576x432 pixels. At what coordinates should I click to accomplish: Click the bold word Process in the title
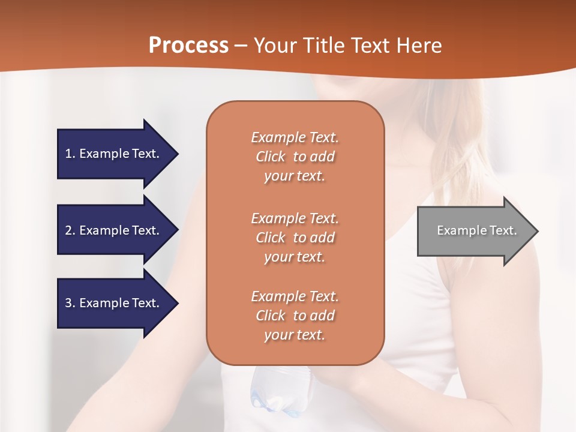(188, 45)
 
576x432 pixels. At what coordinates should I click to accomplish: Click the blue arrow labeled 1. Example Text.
(118, 154)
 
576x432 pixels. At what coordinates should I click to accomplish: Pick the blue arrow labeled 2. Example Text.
(118, 230)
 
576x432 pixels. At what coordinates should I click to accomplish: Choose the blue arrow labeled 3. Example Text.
(118, 304)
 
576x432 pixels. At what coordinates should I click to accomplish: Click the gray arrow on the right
(478, 231)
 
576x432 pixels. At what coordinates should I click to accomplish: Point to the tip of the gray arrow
(538, 231)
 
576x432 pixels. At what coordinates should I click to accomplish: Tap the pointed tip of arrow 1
(178, 154)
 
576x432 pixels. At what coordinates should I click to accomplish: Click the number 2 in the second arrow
(68, 230)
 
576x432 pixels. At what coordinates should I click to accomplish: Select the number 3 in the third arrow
(68, 302)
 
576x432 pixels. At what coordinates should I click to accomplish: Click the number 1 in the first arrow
(68, 154)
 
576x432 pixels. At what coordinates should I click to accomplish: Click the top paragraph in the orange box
(295, 157)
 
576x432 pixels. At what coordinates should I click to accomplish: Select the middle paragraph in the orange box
(295, 238)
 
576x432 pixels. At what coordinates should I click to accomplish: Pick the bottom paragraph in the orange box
(295, 316)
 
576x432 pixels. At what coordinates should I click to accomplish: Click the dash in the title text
(241, 46)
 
